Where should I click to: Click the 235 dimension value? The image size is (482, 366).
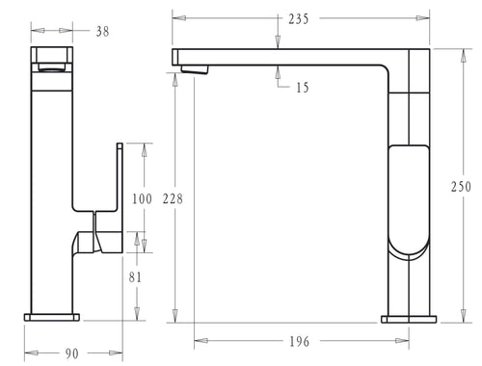point(299,19)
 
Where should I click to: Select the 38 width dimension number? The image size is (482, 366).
point(102,32)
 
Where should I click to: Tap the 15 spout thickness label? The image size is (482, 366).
point(303,88)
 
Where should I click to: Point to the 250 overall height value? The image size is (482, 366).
point(461,187)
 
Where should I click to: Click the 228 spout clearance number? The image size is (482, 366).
point(173,198)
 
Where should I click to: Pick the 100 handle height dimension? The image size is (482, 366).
point(142,198)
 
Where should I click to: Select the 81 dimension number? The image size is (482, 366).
point(135,277)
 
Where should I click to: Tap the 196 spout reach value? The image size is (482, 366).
point(299,342)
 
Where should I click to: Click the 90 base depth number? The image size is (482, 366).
point(72,353)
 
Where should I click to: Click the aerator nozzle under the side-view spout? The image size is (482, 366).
point(195,69)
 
